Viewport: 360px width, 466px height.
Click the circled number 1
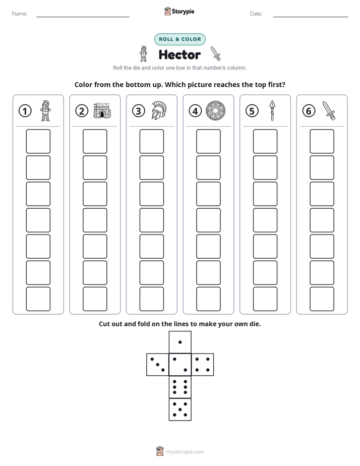[25, 111]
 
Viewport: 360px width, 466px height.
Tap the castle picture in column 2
[102, 110]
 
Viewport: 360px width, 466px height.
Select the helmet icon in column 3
[159, 110]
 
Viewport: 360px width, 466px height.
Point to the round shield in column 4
[216, 110]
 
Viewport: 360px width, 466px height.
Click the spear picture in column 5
[272, 110]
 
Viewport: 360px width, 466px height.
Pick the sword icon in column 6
[329, 110]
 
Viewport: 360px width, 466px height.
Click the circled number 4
[195, 111]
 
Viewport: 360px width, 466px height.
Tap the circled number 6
[309, 111]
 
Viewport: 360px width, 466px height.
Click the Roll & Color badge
[180, 39]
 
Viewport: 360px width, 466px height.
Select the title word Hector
[179, 54]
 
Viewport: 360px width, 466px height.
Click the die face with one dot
[180, 342]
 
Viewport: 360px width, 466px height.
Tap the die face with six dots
[180, 387]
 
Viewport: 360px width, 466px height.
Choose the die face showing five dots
[180, 410]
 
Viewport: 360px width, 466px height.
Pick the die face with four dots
[203, 365]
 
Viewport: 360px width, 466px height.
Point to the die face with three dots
[158, 365]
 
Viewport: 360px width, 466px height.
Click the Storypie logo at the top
[179, 11]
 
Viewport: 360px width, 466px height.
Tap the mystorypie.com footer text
[185, 452]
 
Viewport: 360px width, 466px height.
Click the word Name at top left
[20, 14]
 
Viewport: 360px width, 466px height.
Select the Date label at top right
[256, 14]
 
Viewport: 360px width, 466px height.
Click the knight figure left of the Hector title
[144, 54]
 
